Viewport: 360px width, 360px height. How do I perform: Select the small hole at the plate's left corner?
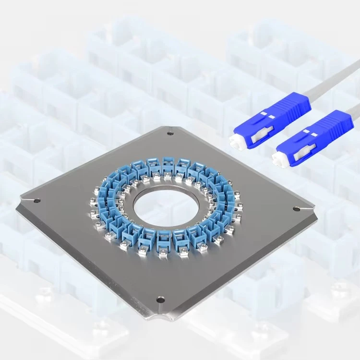pyautogui.click(x=38, y=201)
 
